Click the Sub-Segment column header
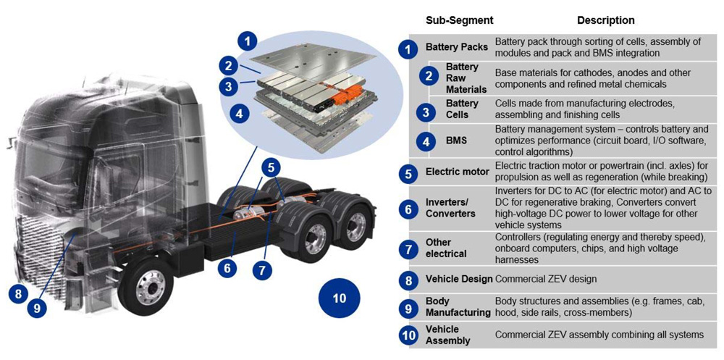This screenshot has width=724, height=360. [x=459, y=20]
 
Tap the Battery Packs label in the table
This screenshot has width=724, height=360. [x=456, y=48]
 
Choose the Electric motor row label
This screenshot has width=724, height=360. [x=457, y=172]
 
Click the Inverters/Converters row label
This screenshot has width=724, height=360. [x=450, y=209]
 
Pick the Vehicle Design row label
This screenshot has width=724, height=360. [x=459, y=279]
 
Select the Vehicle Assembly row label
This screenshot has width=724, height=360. [x=448, y=335]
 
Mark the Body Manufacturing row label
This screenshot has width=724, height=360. [x=458, y=306]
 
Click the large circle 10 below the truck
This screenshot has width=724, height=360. [x=339, y=298]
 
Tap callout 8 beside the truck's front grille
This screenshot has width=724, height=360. [x=18, y=294]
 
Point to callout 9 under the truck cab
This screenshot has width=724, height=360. [x=38, y=308]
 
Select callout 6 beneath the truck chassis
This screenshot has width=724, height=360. [x=227, y=268]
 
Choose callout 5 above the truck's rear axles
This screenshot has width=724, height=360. [x=270, y=168]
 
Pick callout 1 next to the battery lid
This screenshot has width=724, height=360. [x=249, y=41]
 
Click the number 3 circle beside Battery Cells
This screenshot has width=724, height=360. [x=426, y=111]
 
